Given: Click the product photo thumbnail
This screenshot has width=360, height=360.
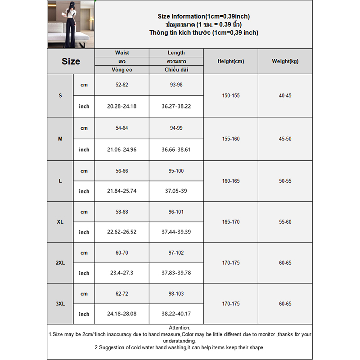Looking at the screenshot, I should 71,24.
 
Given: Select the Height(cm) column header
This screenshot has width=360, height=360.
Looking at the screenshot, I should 230,61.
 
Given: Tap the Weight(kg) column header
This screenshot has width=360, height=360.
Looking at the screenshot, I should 285,61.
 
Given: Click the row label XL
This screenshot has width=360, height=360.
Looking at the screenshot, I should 60,222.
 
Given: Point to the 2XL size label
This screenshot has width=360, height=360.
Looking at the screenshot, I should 60,263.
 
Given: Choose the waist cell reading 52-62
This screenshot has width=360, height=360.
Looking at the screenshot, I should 121,85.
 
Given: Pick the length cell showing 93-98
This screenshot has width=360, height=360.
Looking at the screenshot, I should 176,85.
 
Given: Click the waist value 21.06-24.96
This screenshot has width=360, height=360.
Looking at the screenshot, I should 121,149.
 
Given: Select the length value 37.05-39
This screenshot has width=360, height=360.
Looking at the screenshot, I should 176,191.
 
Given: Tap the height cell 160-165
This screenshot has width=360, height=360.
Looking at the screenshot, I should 230,181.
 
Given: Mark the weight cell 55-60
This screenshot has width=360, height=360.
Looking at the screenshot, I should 285,222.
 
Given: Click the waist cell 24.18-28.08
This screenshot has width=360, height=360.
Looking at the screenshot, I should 121,314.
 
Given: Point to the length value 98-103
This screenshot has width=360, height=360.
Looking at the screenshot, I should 176,293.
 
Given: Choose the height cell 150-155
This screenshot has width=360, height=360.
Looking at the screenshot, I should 230,95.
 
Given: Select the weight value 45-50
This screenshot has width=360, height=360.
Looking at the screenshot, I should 285,139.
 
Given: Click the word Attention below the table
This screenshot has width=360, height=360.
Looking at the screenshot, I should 179,328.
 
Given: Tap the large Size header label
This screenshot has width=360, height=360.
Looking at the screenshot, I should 71,61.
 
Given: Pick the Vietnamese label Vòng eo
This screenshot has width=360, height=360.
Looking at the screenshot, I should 121,70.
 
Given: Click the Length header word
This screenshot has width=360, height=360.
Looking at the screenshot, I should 176,53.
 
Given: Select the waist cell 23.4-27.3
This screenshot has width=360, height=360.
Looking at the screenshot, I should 121,273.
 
